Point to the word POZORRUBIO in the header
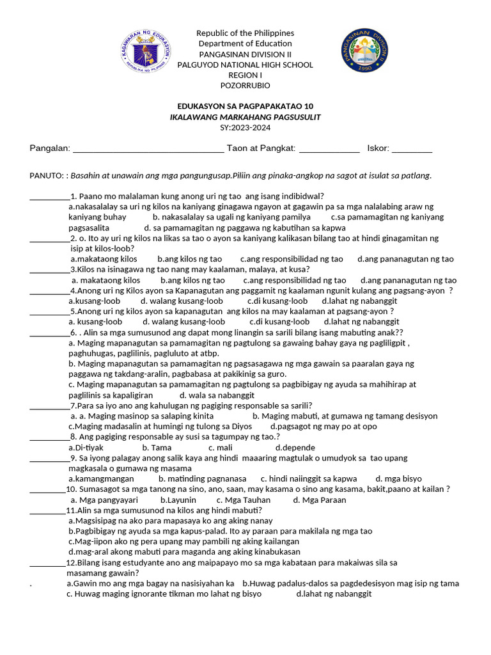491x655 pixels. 245,86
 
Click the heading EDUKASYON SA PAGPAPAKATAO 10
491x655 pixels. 245,106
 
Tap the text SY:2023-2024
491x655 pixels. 245,127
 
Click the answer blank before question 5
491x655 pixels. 50,312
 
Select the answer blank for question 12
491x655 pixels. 48,564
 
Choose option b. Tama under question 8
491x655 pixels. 157,448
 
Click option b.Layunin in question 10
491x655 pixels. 178,500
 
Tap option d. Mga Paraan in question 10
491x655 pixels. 319,500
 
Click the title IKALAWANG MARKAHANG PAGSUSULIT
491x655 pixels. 245,117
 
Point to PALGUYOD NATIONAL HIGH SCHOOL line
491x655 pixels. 245,65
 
